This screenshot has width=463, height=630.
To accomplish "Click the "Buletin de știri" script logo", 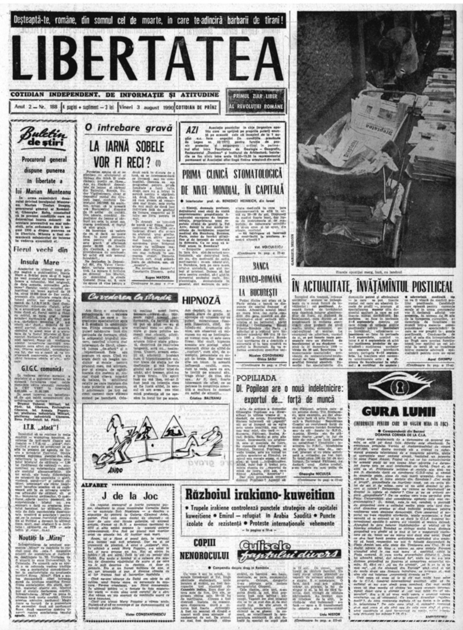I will coord(43,137).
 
